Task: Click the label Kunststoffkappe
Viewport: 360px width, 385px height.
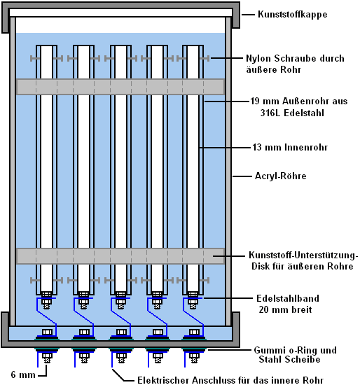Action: (293, 15)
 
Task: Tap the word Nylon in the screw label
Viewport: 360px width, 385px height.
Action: (258, 58)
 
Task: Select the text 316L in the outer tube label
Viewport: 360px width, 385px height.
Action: (270, 113)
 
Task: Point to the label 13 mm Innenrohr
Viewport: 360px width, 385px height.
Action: (290, 147)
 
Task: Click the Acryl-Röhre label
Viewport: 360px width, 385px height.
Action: (281, 176)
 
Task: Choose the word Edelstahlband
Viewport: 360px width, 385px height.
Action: (288, 298)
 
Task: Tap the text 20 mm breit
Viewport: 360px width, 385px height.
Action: (285, 309)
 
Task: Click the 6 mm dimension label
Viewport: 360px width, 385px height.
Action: (23, 374)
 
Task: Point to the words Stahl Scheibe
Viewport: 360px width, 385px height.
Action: (289, 360)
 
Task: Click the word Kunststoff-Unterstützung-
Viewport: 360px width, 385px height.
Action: (303, 255)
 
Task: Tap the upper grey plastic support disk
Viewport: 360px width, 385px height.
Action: (120, 87)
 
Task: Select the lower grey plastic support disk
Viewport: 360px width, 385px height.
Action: (120, 256)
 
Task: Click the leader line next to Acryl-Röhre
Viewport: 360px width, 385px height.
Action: (242, 176)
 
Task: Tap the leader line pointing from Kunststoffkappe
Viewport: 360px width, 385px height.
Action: (248, 15)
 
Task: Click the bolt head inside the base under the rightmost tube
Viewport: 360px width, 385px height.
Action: (194, 332)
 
